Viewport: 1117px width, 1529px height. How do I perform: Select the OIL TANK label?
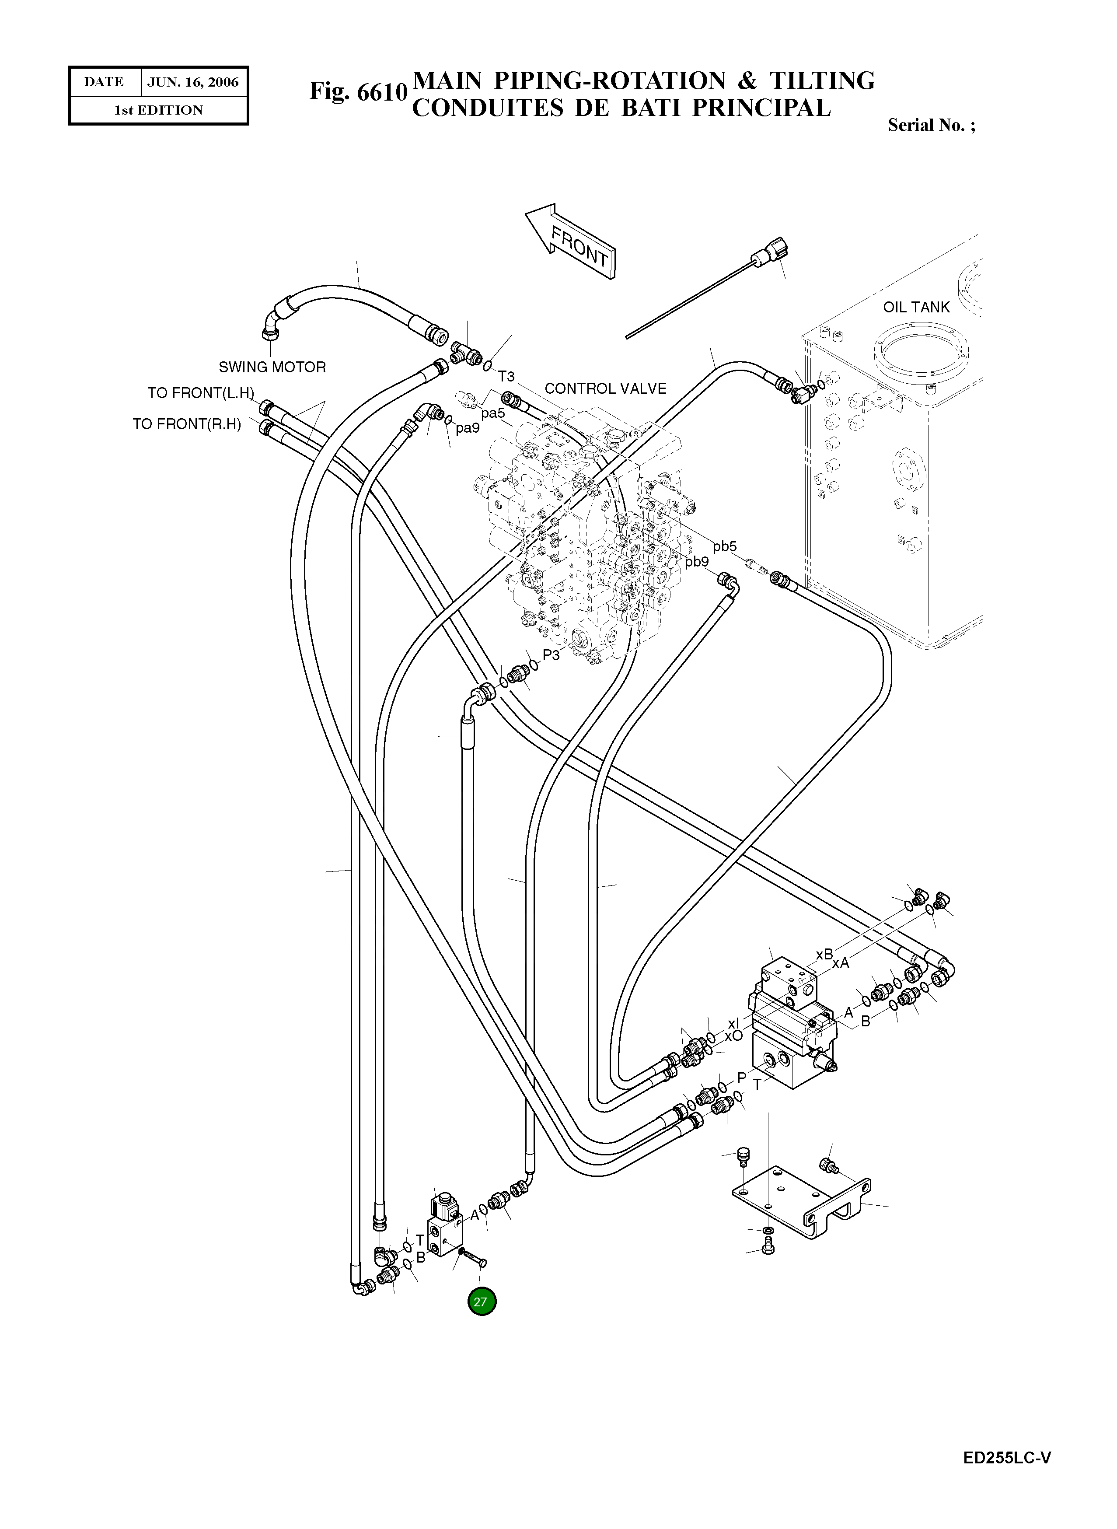pyautogui.click(x=916, y=307)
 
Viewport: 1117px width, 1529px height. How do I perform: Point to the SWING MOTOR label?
pyautogui.click(x=272, y=367)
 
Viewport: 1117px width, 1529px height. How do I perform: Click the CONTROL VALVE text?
pyautogui.click(x=605, y=388)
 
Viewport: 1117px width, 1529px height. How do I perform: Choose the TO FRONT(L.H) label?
pyautogui.click(x=201, y=393)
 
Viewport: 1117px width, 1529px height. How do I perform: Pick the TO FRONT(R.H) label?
pyautogui.click(x=187, y=424)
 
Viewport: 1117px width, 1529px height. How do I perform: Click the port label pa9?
pyautogui.click(x=467, y=428)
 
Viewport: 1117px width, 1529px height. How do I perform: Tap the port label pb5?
pyautogui.click(x=724, y=546)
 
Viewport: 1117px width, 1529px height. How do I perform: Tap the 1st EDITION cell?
pyautogui.click(x=158, y=110)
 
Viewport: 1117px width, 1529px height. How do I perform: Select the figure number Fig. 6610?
pyautogui.click(x=358, y=91)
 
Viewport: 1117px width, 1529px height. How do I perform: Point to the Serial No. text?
pyautogui.click(x=932, y=125)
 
